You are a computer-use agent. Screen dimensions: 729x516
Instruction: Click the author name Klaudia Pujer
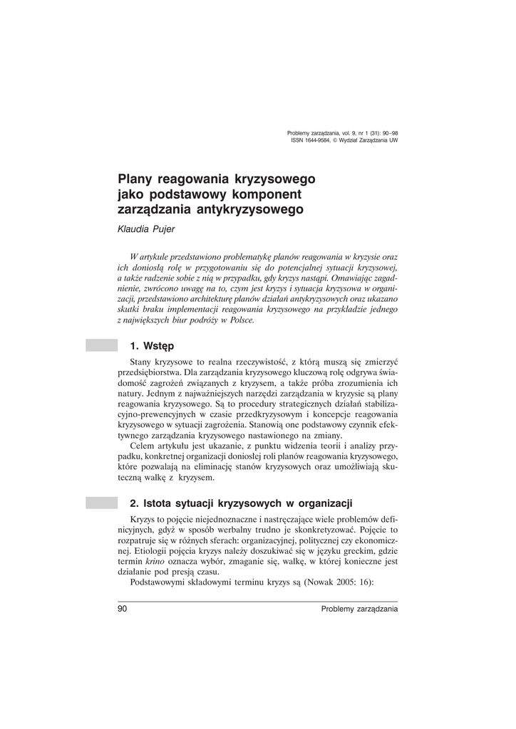[145, 229]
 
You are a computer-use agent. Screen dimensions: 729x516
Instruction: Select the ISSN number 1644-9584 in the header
[317, 140]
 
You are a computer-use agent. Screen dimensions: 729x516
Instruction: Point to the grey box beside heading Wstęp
[101, 346]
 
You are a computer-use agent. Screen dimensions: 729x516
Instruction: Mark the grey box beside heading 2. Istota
[101, 503]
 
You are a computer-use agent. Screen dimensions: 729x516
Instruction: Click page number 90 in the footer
[122, 609]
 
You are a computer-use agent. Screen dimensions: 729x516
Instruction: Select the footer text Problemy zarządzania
[359, 609]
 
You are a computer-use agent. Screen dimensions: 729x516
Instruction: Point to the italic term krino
[164, 561]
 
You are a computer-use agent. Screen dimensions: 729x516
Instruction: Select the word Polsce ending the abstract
[238, 320]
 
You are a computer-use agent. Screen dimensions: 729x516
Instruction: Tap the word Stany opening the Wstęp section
[144, 362]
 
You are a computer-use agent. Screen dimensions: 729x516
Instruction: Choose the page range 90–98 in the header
[388, 133]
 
